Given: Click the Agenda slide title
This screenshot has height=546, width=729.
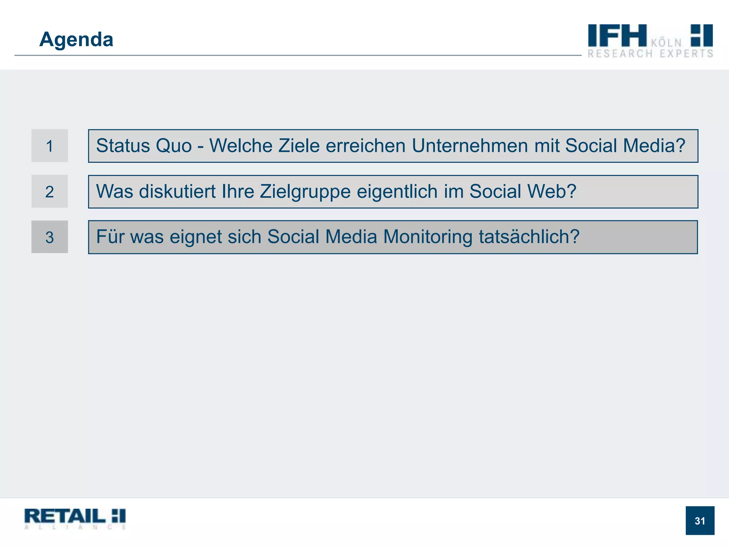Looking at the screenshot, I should point(76,39).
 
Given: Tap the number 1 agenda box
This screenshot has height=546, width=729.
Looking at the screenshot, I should point(49,146).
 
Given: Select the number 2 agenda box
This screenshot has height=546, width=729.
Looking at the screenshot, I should point(49,192).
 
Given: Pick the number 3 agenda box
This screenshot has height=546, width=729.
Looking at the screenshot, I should point(49,237).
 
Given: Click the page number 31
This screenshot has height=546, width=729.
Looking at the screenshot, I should point(700,521).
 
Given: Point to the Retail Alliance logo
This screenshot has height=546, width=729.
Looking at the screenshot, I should point(75,519).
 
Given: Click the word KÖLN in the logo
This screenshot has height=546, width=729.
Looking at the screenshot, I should point(666,43).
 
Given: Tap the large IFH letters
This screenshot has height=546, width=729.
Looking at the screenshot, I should point(617,36).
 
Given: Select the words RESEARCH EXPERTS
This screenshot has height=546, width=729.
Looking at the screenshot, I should point(650,54).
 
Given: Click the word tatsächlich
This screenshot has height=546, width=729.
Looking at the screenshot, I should point(529,237).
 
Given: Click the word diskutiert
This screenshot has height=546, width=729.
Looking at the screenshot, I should point(177,192).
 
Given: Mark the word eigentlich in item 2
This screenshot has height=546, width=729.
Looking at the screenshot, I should point(397,192).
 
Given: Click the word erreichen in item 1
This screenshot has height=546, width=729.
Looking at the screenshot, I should point(366,146).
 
